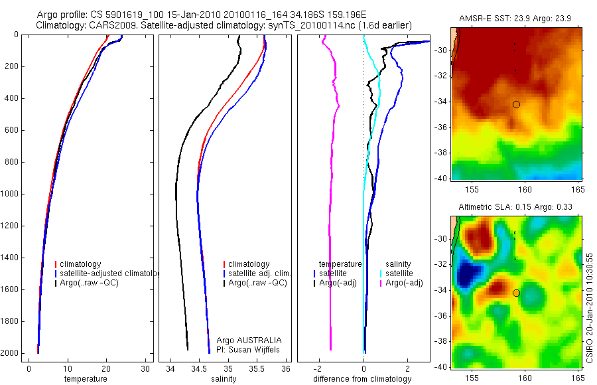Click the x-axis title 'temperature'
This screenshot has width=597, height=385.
85,379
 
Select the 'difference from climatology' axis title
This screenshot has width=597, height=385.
362,379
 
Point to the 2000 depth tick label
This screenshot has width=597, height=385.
11,353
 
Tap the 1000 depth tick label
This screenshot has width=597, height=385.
11,194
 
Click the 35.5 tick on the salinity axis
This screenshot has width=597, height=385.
257,368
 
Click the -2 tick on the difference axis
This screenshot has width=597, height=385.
319,368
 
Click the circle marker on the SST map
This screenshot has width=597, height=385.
516,104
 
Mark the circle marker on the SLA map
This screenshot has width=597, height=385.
516,293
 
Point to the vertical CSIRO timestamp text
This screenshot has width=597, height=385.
590,306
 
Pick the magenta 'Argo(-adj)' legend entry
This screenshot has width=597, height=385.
404,283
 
